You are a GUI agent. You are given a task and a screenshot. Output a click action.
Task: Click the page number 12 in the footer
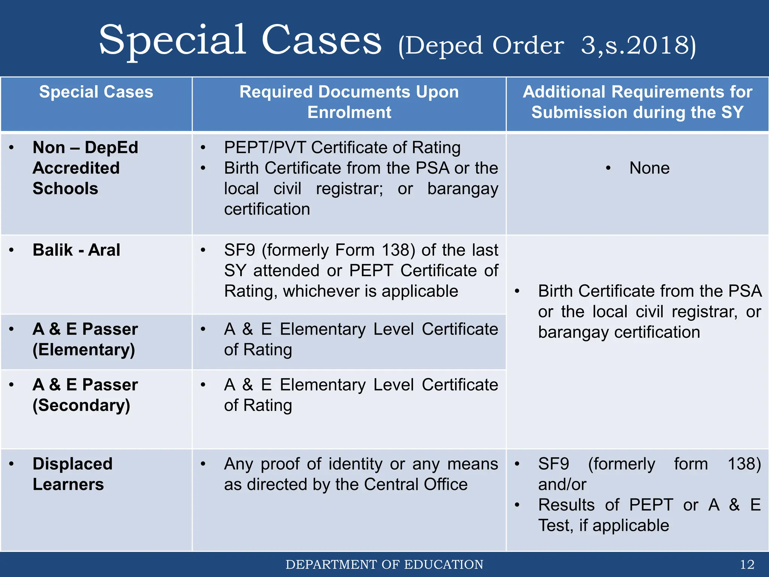(x=747, y=565)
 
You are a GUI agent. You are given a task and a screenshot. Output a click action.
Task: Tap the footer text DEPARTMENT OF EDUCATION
(x=384, y=565)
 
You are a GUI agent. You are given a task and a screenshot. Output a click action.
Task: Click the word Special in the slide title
(x=172, y=40)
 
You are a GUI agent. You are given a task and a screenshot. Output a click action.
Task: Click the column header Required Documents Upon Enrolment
(x=349, y=102)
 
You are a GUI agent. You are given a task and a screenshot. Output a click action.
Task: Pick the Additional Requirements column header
(x=637, y=102)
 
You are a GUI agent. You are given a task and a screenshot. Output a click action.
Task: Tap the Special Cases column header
(x=96, y=92)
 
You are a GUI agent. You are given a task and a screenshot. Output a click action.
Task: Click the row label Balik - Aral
(x=76, y=250)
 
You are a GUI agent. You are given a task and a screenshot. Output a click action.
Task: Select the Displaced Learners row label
(x=72, y=474)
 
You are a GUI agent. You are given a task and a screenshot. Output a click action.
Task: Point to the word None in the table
(x=649, y=168)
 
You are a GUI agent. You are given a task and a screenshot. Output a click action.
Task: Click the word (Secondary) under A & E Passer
(x=81, y=405)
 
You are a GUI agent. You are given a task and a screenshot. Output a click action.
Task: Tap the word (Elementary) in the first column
(x=83, y=350)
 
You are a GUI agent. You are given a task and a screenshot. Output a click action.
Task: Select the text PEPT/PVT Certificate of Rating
(x=342, y=148)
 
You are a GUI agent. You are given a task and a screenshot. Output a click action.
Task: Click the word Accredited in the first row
(x=76, y=168)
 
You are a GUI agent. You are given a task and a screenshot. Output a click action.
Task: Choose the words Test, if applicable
(x=603, y=526)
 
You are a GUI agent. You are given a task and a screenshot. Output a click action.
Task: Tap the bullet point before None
(x=608, y=168)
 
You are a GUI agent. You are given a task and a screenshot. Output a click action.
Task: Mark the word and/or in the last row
(x=562, y=485)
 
